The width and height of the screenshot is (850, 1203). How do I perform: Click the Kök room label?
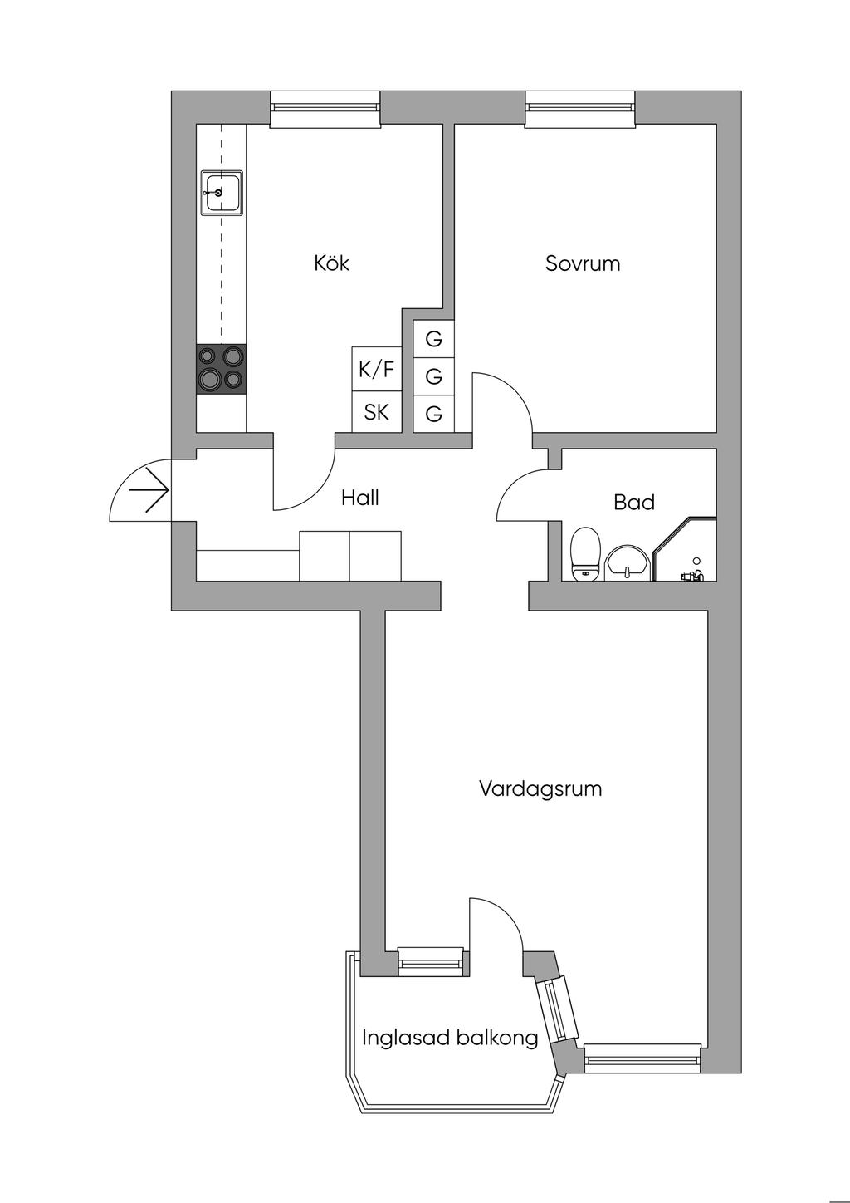[332, 263]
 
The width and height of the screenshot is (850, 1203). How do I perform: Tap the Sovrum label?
[583, 263]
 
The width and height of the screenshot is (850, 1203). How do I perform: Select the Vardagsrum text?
[540, 789]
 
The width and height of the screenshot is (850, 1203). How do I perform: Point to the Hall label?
[360, 498]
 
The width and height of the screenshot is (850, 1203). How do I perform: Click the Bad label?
[634, 502]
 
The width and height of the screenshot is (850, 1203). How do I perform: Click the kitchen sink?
[222, 193]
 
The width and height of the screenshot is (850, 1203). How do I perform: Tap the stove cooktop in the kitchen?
[221, 369]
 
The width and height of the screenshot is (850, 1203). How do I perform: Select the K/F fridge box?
[377, 369]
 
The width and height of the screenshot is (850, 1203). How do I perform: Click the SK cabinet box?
[377, 412]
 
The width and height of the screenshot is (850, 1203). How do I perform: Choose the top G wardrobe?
[433, 339]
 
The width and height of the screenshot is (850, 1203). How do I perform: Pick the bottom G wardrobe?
[433, 414]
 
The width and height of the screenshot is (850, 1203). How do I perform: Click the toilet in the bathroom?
[584, 554]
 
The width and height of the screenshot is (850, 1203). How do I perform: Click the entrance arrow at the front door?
[149, 491]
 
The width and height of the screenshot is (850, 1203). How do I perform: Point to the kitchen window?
[325, 109]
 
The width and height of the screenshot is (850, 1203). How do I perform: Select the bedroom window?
[580, 109]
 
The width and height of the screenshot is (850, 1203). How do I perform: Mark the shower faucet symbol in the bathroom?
[692, 572]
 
